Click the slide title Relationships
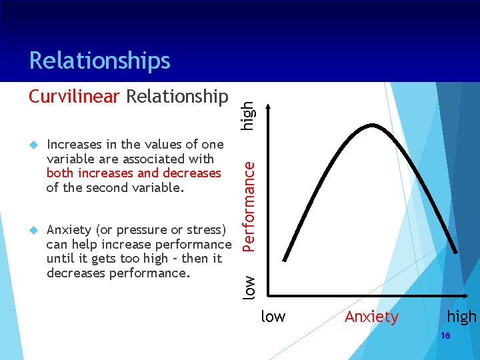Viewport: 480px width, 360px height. click(x=99, y=61)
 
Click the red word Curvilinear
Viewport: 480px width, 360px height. click(x=74, y=97)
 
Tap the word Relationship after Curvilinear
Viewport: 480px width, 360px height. click(x=177, y=97)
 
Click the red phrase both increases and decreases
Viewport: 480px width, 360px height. click(x=133, y=173)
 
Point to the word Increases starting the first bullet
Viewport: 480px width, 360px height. click(x=74, y=145)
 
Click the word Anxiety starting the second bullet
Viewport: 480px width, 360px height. click(x=70, y=230)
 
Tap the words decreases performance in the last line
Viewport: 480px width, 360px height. click(x=118, y=273)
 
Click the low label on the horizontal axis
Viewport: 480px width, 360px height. click(x=273, y=317)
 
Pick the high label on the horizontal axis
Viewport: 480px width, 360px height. click(x=461, y=317)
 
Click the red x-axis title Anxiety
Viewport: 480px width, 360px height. click(x=371, y=317)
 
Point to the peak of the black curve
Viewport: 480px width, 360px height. click(x=374, y=125)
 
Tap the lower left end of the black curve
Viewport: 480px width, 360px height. click(x=285, y=259)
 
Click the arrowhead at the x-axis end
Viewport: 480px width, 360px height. click(x=462, y=296)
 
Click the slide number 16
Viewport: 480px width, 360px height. click(x=445, y=336)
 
